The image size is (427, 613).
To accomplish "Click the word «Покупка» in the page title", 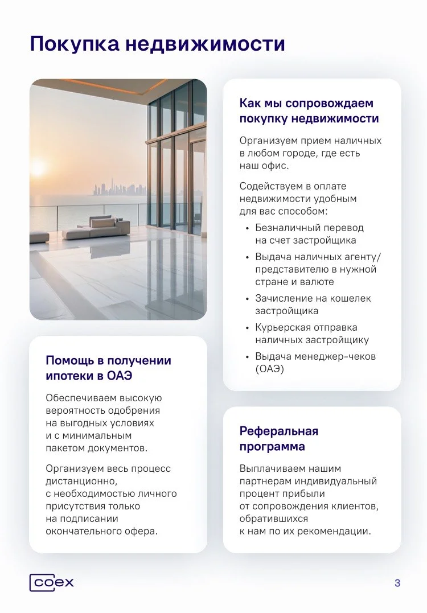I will (x=73, y=44).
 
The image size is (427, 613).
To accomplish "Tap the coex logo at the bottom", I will (x=52, y=583).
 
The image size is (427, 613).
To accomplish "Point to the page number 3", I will (x=397, y=583).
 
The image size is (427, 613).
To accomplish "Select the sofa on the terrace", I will (x=96, y=227).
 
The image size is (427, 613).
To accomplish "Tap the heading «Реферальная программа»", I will (x=279, y=438).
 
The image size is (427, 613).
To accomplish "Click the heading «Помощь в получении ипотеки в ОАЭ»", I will (x=108, y=368).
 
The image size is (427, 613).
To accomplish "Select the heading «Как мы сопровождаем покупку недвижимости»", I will (x=309, y=111).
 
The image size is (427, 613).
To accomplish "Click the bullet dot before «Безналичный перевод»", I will (x=247, y=228).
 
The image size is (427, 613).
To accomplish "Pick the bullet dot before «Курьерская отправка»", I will (x=247, y=328).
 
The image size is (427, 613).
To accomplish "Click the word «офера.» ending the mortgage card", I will (x=141, y=531).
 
